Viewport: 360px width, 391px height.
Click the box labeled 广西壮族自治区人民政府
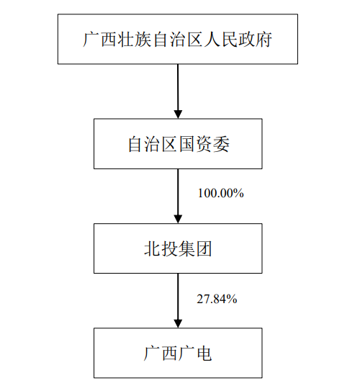[x=178, y=39]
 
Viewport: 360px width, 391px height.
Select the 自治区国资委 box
[x=178, y=144]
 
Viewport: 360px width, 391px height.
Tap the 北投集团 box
[x=178, y=248]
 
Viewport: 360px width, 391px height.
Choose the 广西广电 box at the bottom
[x=178, y=353]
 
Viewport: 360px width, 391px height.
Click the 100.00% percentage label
[x=220, y=193]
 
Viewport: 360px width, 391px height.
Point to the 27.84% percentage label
[x=217, y=299]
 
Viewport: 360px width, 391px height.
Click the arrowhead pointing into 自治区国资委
[x=178, y=114]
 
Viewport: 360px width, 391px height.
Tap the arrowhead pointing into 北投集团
[x=178, y=219]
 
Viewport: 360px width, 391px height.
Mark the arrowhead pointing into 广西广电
[x=178, y=323]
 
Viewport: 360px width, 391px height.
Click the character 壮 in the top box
[x=126, y=40]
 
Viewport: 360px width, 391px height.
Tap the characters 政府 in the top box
[x=255, y=40]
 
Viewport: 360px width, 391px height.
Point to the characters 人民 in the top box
[x=221, y=40]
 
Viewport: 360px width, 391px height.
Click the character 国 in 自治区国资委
[x=187, y=144]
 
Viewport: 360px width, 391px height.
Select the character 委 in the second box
[x=221, y=144]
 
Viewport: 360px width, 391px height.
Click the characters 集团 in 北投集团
[x=195, y=248]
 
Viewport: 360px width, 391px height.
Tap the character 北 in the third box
[x=152, y=248]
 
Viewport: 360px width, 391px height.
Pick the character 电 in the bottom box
[x=204, y=354]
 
